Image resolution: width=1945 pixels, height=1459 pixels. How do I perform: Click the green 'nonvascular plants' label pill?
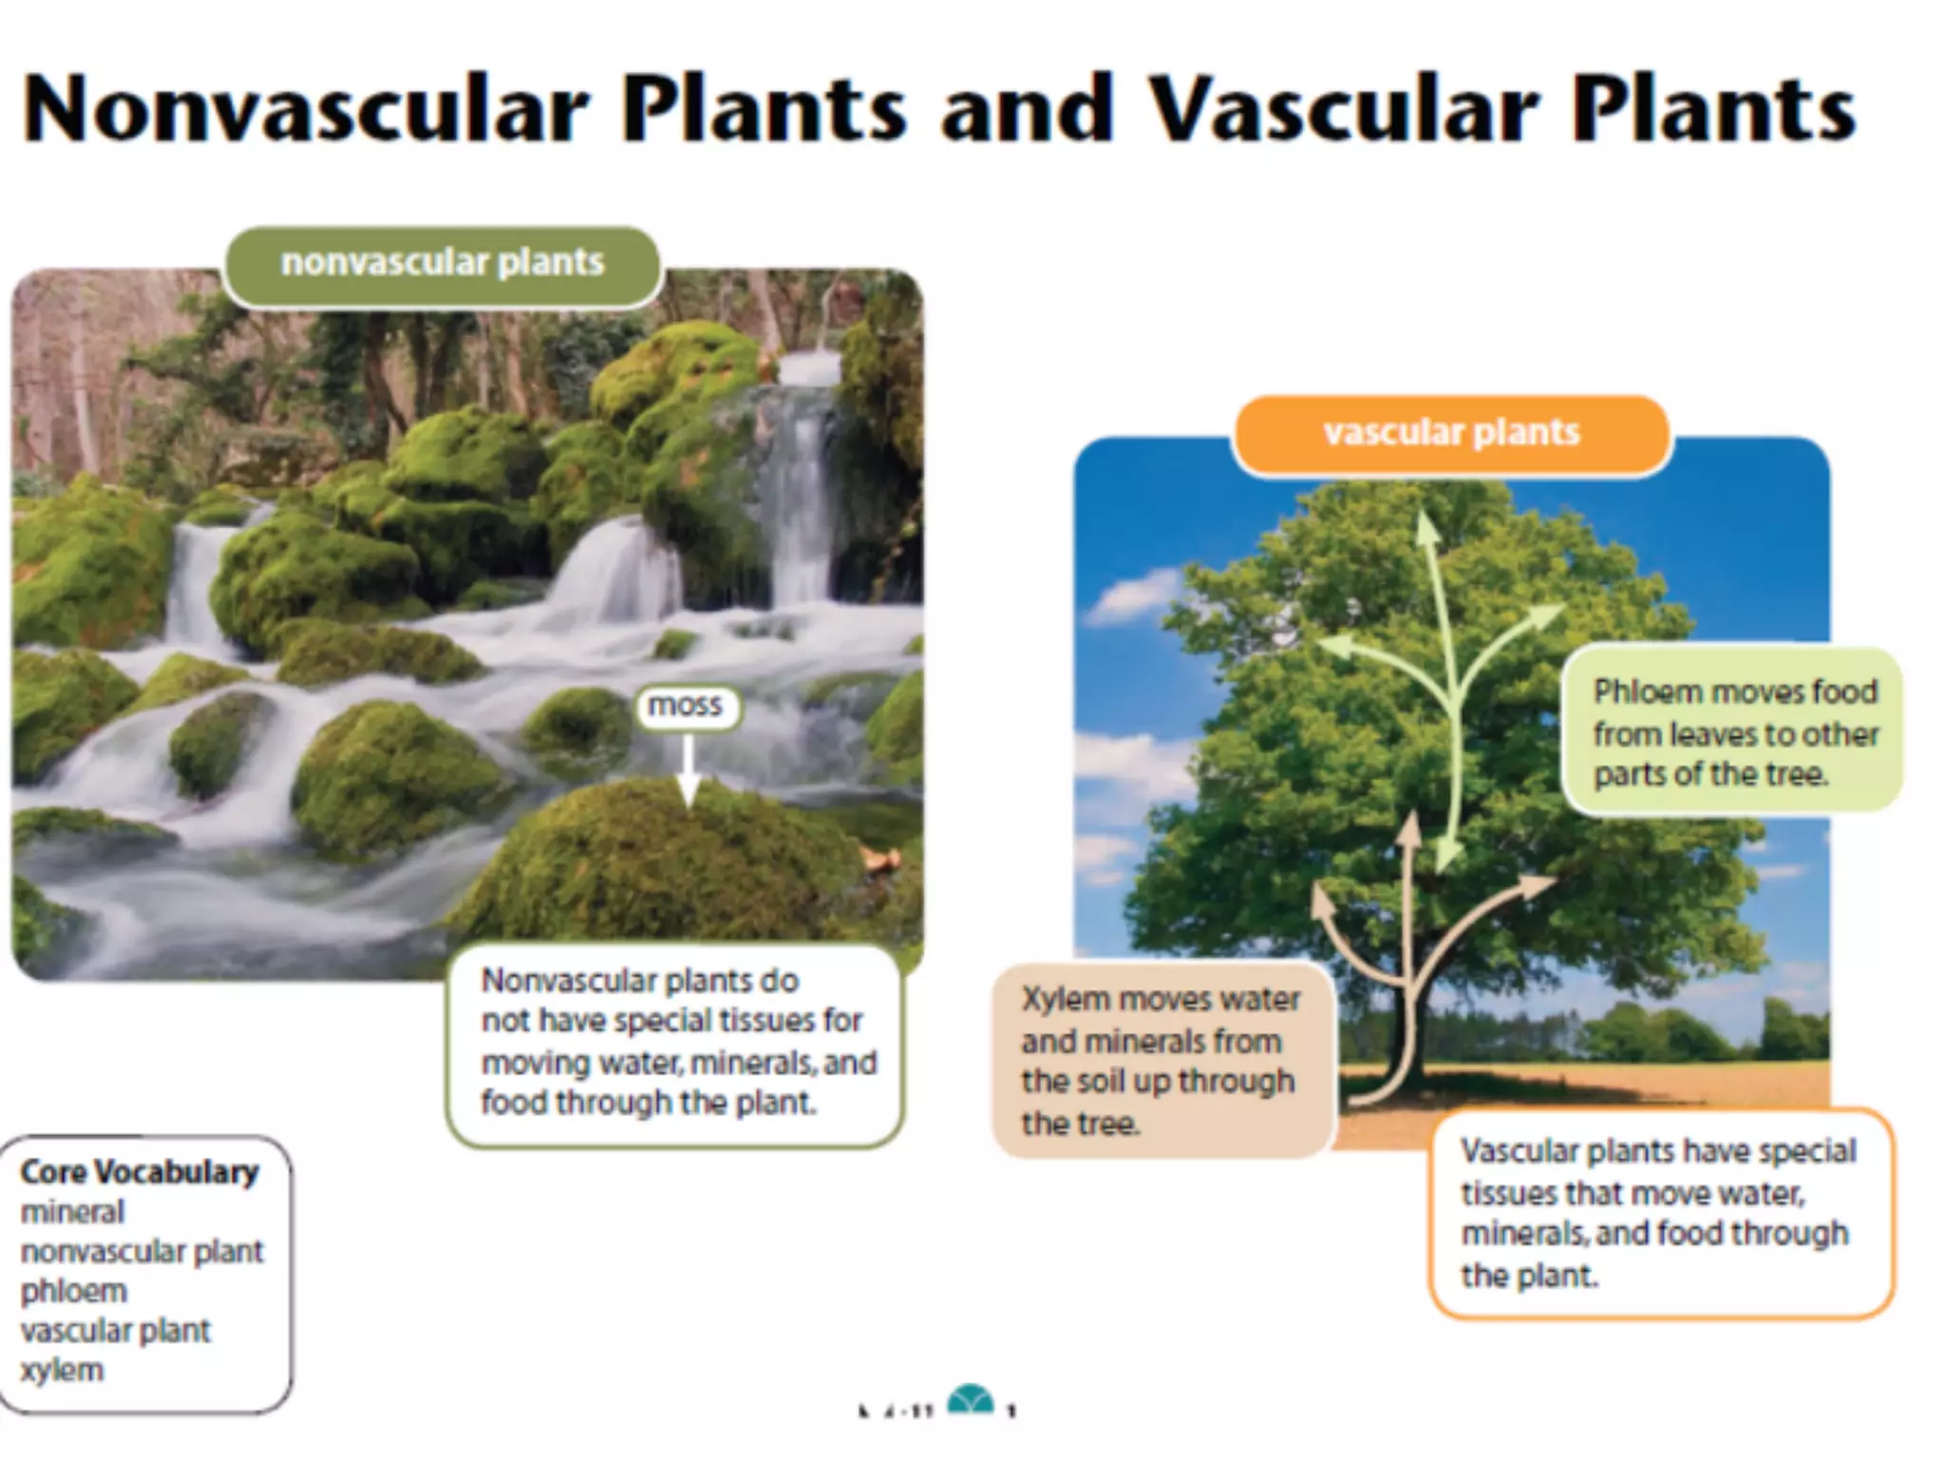(x=443, y=263)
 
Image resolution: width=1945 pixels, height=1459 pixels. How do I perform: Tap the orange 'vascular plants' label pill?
(x=1451, y=433)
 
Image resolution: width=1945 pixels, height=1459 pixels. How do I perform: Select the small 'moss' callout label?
(x=685, y=706)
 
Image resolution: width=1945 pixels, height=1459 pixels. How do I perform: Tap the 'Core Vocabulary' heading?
(x=140, y=1172)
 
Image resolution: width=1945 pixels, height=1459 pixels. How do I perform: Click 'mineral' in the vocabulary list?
(x=73, y=1212)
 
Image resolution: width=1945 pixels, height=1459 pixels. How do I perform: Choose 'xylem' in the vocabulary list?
(x=63, y=1370)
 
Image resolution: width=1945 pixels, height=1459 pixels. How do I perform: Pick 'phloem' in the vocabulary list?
(x=74, y=1291)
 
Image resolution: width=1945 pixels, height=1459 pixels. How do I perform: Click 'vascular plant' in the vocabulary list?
(x=116, y=1331)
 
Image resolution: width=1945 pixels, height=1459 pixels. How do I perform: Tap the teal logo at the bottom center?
(x=971, y=1401)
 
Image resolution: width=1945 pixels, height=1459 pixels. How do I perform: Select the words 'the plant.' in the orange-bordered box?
(x=1529, y=1276)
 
